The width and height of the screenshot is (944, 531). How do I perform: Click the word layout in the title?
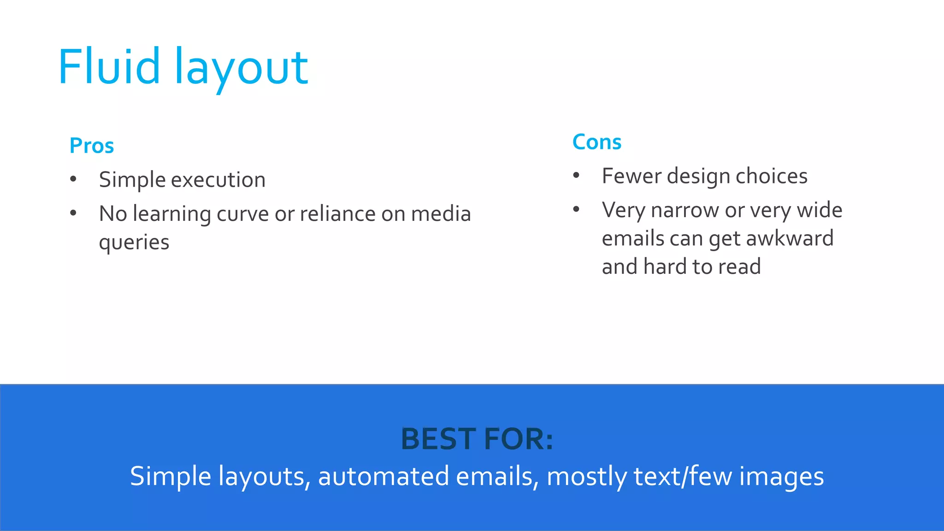[241, 69]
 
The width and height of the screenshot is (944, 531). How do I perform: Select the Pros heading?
[92, 146]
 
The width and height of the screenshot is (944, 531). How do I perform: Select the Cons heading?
[597, 142]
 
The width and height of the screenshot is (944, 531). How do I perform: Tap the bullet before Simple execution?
[73, 179]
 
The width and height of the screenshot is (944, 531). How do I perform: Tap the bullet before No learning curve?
[73, 213]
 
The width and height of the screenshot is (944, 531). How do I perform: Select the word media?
[441, 214]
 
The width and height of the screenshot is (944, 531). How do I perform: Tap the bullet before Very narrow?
[576, 210]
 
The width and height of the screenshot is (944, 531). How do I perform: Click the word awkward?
[790, 239]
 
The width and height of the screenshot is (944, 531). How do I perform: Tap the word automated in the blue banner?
[383, 477]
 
